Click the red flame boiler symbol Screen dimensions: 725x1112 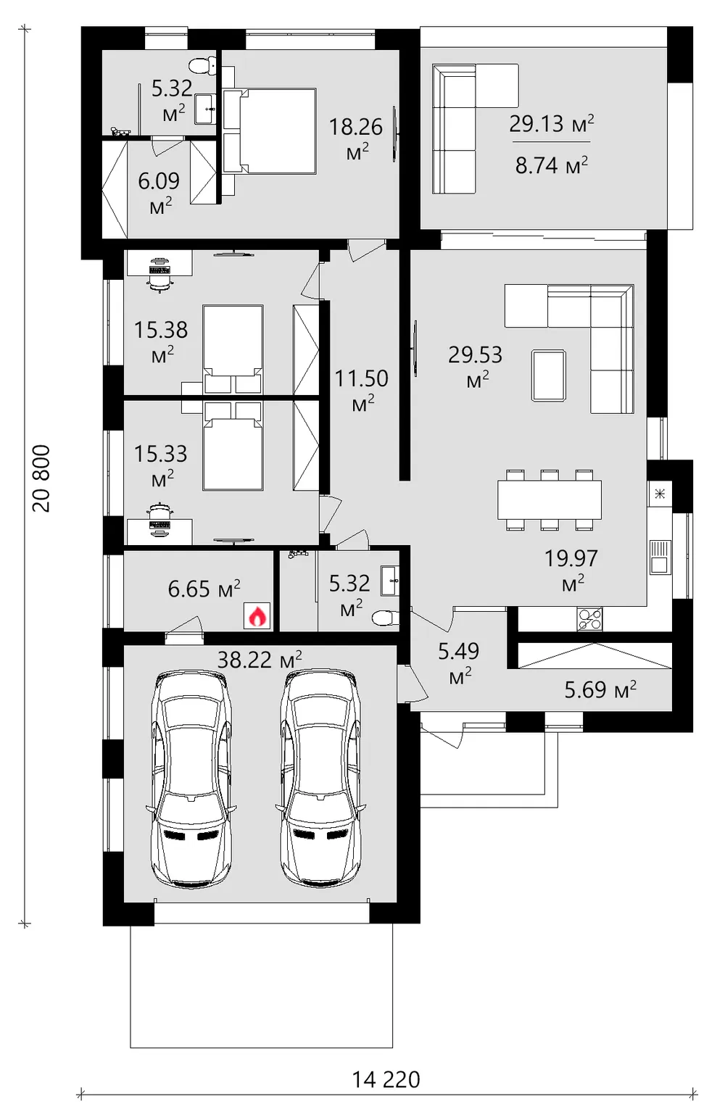[x=257, y=616]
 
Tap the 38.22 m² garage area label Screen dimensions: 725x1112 [x=260, y=660]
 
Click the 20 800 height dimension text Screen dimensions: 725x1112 [x=41, y=478]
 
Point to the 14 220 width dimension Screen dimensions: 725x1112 [x=386, y=1079]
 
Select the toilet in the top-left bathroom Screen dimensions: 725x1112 [x=204, y=65]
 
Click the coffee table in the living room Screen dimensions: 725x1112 [x=549, y=375]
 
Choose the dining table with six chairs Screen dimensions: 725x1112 [x=550, y=499]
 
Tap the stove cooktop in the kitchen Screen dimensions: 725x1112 [x=589, y=619]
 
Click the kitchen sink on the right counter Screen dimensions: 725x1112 [x=660, y=557]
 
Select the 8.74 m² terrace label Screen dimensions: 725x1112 [x=551, y=165]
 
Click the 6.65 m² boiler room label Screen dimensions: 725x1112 [x=204, y=589]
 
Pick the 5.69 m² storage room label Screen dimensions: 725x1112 [x=600, y=689]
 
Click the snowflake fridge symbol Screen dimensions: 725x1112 [x=660, y=494]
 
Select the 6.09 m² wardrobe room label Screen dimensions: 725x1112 [x=159, y=193]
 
